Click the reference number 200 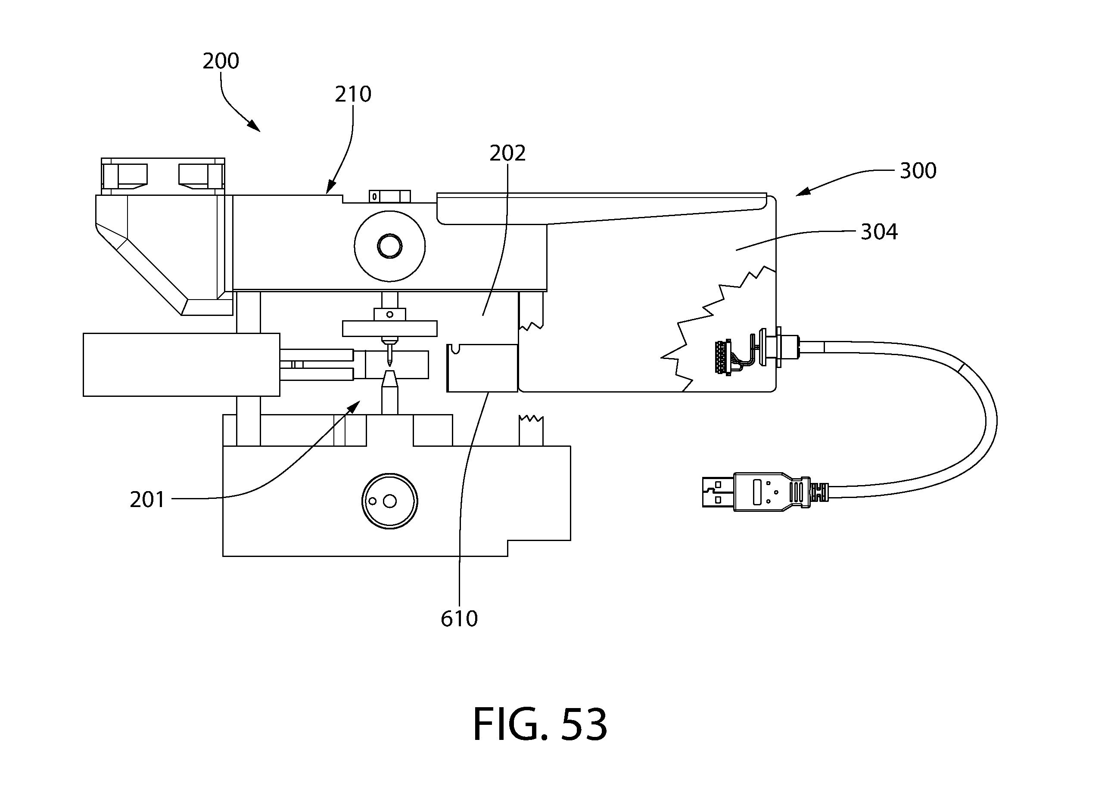(221, 61)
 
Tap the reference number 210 (353, 94)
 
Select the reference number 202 (507, 153)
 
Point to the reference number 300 (918, 170)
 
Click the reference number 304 (879, 232)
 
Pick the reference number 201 (147, 499)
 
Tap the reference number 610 (459, 619)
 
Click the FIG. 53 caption (540, 725)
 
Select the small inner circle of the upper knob (389, 246)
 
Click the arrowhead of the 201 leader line (355, 405)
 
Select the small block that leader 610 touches (482, 368)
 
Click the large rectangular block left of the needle (181, 365)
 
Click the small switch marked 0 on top (389, 196)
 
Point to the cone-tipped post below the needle (389, 392)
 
